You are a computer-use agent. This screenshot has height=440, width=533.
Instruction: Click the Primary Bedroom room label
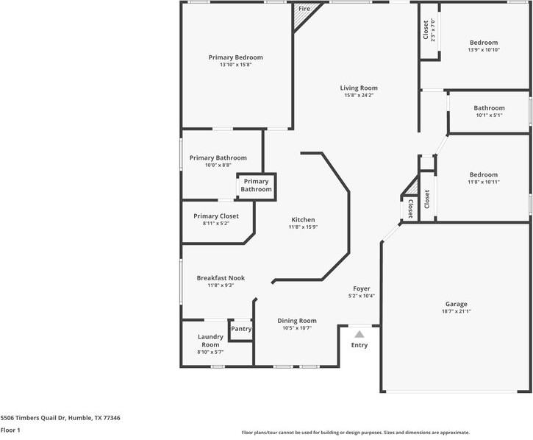[x=235, y=57]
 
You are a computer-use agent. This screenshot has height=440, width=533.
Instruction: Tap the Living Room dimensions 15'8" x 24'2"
[x=359, y=96]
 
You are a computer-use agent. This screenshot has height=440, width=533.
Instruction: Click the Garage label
[x=456, y=304]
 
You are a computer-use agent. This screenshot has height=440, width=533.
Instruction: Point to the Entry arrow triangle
[x=359, y=334]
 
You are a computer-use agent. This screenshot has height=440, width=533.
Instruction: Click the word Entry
[x=359, y=345]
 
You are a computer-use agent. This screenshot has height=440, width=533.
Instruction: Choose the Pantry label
[x=241, y=329]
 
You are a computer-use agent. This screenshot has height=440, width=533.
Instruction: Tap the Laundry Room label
[x=210, y=341]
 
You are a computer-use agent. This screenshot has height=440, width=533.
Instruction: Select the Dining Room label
[x=297, y=321]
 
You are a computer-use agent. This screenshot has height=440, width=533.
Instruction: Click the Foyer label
[x=362, y=288]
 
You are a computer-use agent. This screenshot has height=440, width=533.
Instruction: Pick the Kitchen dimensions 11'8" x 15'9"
[x=303, y=227]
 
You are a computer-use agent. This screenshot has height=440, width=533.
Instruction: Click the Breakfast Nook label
[x=221, y=278]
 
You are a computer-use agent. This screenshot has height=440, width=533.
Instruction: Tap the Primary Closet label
[x=216, y=216]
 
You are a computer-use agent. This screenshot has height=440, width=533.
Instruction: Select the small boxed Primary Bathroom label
[x=256, y=185]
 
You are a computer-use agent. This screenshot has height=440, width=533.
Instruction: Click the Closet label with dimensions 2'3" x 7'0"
[x=426, y=30]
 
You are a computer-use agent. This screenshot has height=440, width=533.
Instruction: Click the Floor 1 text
[x=10, y=430]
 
